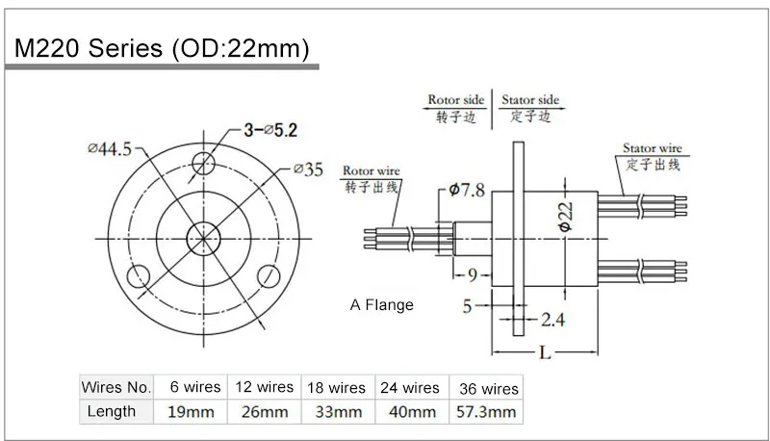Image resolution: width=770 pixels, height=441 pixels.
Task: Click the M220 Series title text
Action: click(158, 49)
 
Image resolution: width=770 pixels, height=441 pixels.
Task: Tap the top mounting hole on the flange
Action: click(204, 161)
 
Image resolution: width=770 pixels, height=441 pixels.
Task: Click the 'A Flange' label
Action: click(381, 305)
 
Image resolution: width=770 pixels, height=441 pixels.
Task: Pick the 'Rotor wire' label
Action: click(371, 171)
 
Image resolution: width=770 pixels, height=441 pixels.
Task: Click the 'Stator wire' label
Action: click(652, 149)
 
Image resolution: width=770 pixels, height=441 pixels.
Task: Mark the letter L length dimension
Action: click(545, 353)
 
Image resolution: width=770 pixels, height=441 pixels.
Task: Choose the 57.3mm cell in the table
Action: click(487, 412)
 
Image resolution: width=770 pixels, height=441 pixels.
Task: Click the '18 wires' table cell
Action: click(336, 388)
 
